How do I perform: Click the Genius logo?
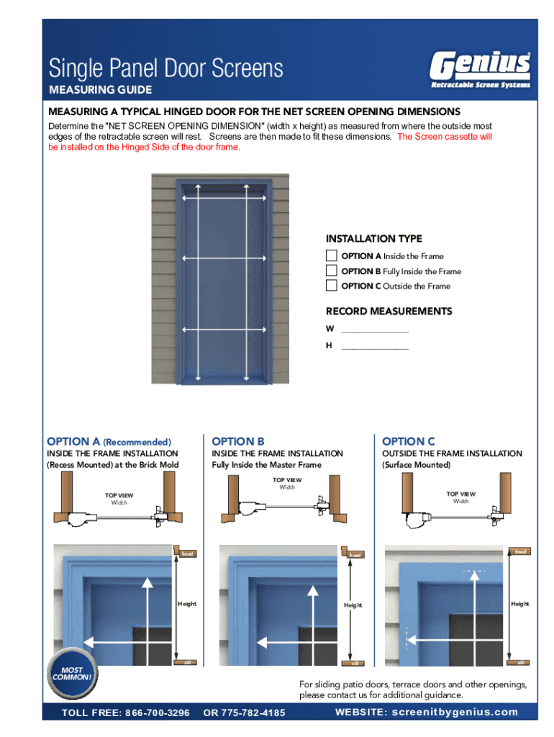481,70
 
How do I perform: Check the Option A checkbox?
331,256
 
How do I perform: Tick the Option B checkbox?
331,271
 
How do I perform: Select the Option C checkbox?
331,285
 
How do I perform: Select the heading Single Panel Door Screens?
166,69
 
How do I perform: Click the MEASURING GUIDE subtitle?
100,90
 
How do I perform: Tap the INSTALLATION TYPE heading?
374,238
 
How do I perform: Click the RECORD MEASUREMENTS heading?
389,311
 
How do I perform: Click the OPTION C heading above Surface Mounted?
409,441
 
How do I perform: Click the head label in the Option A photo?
187,553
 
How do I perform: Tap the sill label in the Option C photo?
520,662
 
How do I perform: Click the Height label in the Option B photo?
353,605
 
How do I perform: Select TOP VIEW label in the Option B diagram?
287,480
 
